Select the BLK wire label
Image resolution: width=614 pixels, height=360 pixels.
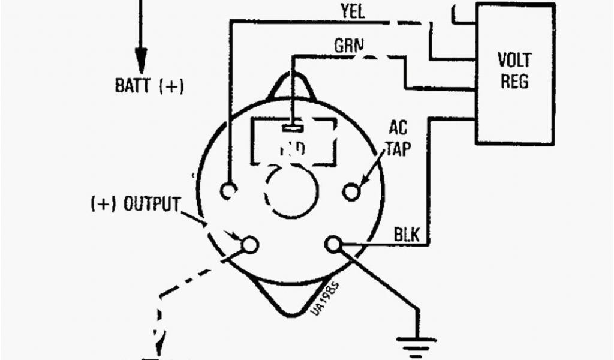[407, 234]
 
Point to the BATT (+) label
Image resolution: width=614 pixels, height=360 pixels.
[149, 86]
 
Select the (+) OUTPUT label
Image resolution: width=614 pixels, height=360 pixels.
[136, 205]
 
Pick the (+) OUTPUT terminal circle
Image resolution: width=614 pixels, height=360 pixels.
[249, 244]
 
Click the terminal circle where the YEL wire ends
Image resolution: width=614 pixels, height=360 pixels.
[228, 190]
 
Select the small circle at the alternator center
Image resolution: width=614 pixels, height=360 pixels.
[291, 192]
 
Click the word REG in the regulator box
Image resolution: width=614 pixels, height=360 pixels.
[514, 82]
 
